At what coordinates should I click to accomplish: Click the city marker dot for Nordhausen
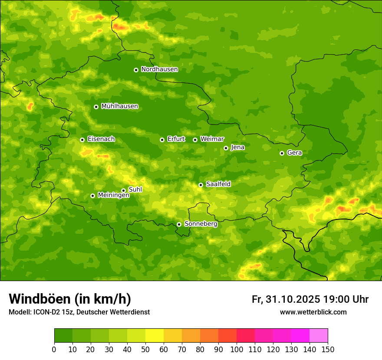point(136,70)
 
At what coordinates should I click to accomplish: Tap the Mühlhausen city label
point(119,106)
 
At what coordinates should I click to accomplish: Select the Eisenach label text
point(101,139)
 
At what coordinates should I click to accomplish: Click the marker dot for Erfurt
point(162,140)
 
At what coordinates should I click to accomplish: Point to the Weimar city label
point(212,139)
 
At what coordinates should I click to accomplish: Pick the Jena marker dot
point(226,148)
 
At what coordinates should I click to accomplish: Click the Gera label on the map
point(294,153)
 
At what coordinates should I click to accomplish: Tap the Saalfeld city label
point(218,184)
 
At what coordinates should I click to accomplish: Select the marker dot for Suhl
point(123,190)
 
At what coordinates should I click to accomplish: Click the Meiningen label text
point(113,195)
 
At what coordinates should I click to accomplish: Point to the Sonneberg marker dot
point(179,224)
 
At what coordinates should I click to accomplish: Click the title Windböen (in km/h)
point(69,299)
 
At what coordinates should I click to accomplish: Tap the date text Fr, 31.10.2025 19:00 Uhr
point(310,299)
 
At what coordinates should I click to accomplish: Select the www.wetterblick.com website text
point(313,312)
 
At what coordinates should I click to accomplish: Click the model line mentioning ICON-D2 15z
point(79,312)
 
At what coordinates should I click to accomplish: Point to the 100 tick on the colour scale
point(237,349)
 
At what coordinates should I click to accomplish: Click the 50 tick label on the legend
point(145,349)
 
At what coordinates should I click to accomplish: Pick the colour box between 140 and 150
point(319,335)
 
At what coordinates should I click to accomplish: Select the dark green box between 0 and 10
point(63,335)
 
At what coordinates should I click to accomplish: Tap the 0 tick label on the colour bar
point(54,349)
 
